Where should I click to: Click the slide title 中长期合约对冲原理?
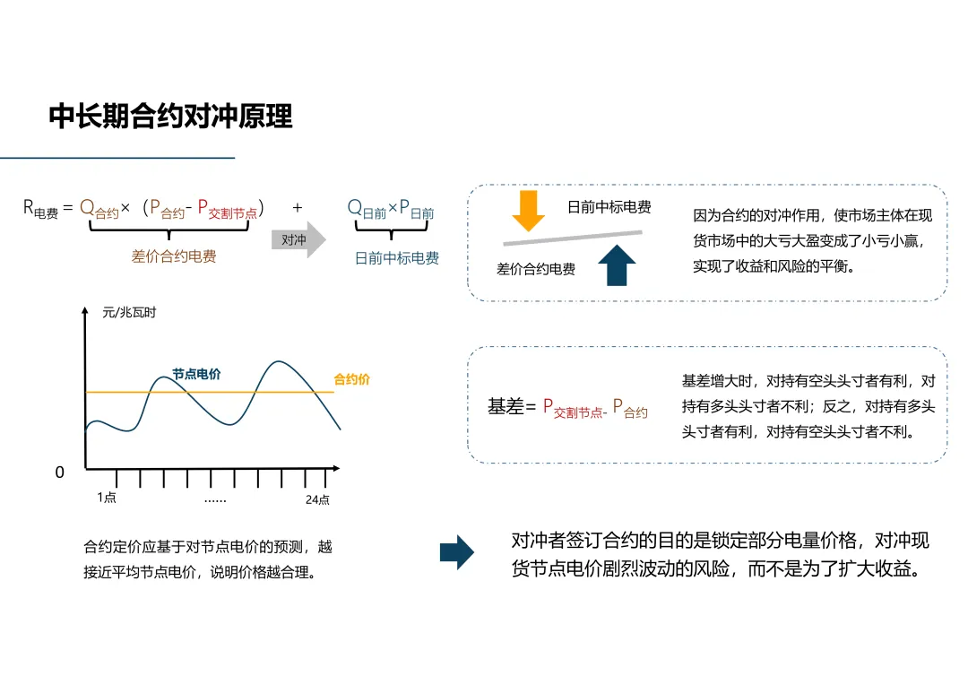170,117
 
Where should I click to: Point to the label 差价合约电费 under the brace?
174,256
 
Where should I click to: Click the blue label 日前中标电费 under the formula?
397,258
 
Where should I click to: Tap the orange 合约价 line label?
351,379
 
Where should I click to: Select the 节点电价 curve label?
196,374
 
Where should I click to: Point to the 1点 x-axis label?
107,498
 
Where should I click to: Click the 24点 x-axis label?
317,499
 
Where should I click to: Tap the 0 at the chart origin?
60,473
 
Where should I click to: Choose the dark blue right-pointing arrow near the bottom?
457,552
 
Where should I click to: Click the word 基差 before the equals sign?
505,406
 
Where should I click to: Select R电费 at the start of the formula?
40,209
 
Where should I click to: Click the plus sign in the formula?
298,208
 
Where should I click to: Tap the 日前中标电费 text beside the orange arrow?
609,207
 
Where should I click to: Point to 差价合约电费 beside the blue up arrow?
536,268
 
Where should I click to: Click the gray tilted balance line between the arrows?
573,237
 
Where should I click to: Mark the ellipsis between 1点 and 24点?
215,500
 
